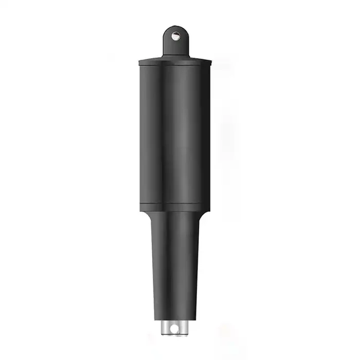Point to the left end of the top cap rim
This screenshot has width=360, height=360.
[x=139, y=63]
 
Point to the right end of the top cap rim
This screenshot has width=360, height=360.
[x=211, y=63]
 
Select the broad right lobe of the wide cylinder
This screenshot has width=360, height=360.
[x=188, y=134]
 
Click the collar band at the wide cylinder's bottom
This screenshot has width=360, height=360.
[x=175, y=207]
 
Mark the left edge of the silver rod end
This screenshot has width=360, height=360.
[x=162, y=327]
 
